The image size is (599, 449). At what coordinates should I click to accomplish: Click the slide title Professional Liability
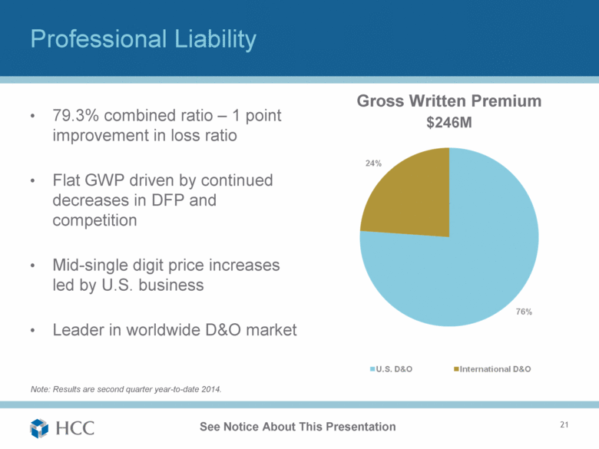(142, 39)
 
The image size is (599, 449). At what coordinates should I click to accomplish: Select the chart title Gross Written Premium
(449, 101)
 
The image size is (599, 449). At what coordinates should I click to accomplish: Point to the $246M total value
(449, 123)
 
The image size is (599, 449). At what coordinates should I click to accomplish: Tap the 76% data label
(525, 312)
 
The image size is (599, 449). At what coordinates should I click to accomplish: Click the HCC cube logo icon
(39, 427)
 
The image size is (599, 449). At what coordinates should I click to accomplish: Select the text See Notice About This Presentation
(297, 427)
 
